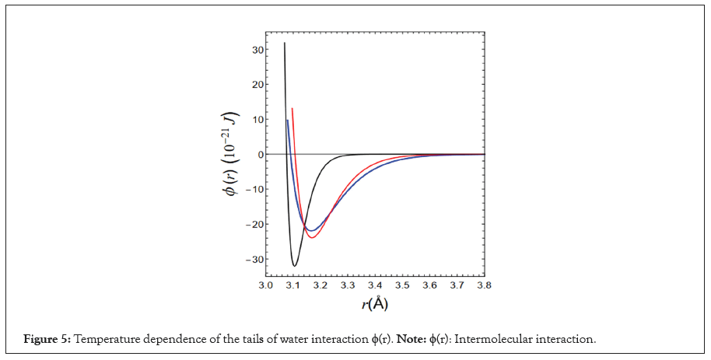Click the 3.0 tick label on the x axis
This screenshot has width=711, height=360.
point(265,286)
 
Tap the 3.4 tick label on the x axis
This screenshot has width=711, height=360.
point(374,286)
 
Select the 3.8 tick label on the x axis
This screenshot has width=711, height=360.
point(484,286)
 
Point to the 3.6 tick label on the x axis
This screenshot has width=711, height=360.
point(429,286)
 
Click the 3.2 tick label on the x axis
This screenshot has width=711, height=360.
point(320,286)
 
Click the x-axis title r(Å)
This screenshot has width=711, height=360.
point(374,304)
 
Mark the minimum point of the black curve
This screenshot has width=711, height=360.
point(295,266)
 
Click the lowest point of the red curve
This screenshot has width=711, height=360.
point(311,237)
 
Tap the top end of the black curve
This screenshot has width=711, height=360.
point(285,43)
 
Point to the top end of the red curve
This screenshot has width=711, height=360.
point(292,108)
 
